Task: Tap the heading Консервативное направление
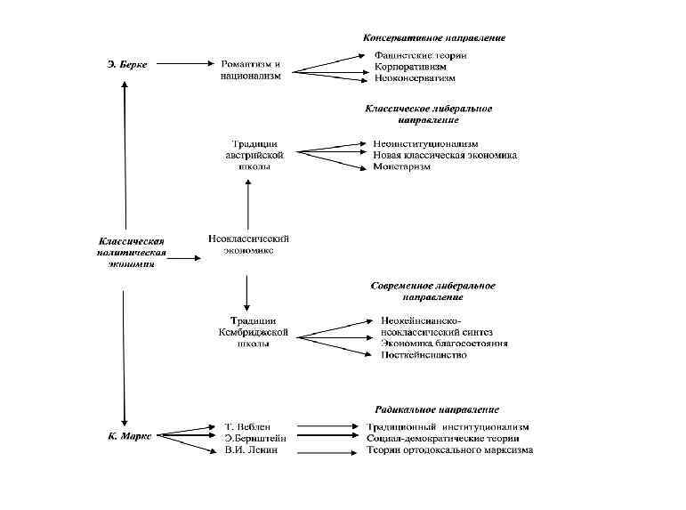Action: pyautogui.click(x=434, y=38)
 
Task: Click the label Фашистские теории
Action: pyautogui.click(x=420, y=55)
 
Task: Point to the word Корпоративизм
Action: pyautogui.click(x=410, y=67)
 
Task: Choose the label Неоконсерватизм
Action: pyautogui.click(x=416, y=78)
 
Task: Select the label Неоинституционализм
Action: pyautogui.click(x=425, y=143)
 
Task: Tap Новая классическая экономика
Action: pyautogui.click(x=445, y=155)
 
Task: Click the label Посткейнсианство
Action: pyautogui.click(x=423, y=354)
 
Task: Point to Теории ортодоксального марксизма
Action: pyautogui.click(x=449, y=450)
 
